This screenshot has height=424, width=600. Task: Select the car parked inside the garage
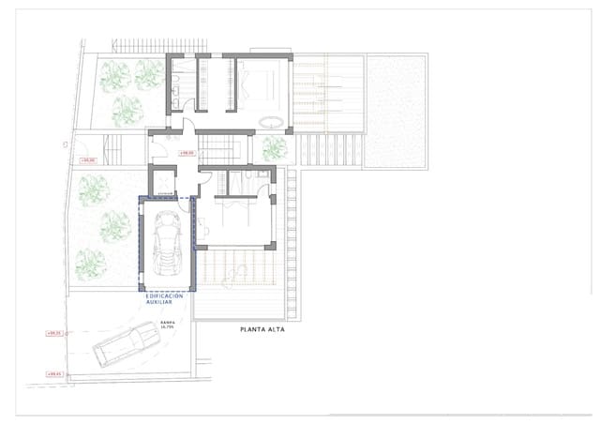(x=167, y=243)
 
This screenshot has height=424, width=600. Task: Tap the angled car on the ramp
(x=126, y=345)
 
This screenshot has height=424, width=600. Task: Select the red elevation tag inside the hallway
(x=187, y=152)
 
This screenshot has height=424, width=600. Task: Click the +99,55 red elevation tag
(x=53, y=333)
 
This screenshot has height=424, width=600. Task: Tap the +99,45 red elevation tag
(x=53, y=374)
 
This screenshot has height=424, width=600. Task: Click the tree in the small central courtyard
(x=274, y=147)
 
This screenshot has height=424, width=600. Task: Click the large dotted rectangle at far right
(x=396, y=111)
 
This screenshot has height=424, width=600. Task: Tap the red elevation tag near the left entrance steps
(x=89, y=160)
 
